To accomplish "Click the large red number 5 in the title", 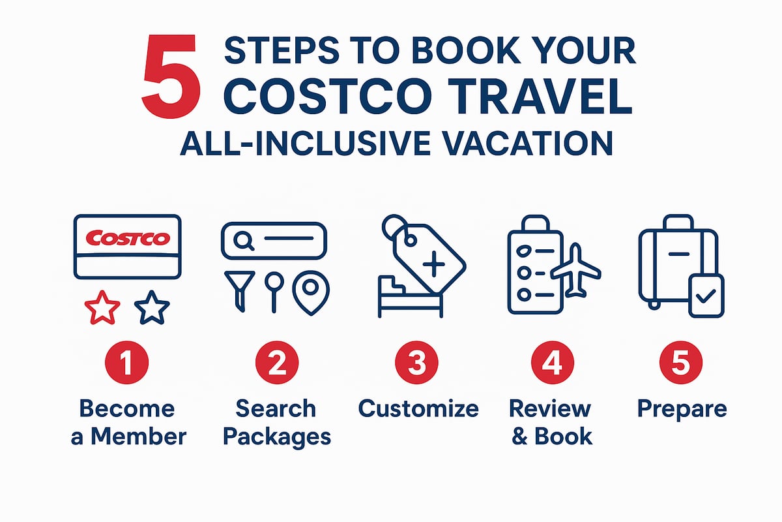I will pos(171,77).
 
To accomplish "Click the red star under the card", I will pos(103,309).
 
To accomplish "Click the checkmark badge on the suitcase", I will pos(705,298).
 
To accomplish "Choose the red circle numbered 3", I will pos(417,363).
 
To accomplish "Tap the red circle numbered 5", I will pos(680,363).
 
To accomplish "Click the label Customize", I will pos(418,409).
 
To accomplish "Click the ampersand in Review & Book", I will pos(519,436).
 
